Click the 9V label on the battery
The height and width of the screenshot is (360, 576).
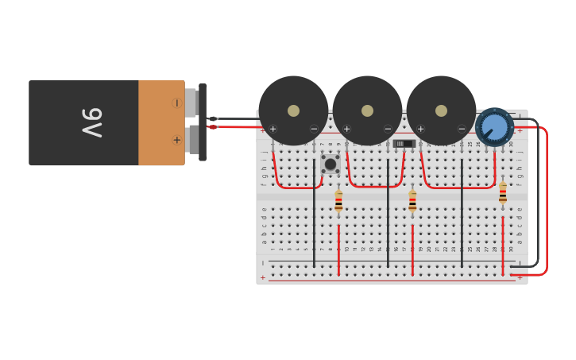point(91,122)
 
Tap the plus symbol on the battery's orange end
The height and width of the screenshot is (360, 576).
point(176,140)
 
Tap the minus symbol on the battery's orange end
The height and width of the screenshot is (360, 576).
point(176,103)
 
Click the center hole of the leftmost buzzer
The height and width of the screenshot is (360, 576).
point(293,110)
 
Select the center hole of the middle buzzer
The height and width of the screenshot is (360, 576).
point(367,110)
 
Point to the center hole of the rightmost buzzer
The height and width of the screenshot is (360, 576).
point(441,110)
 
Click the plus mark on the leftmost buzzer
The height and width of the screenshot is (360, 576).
point(273,129)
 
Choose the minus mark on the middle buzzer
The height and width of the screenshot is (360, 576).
point(388,129)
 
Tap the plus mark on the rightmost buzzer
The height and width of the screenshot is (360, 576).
point(420,129)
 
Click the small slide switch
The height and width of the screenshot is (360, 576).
point(404,144)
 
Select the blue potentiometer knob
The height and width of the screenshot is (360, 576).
point(494,127)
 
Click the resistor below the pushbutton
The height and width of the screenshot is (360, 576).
point(338,200)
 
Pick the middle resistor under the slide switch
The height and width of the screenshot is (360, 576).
point(412,200)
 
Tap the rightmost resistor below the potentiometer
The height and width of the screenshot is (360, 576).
point(502,194)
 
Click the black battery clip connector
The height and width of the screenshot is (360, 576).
point(203,122)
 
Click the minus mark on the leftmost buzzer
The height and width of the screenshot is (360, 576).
point(314,129)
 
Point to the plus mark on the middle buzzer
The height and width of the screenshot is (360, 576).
point(346,129)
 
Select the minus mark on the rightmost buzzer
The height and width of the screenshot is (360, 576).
point(462,129)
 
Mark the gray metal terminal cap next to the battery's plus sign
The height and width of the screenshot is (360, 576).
point(191,141)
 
